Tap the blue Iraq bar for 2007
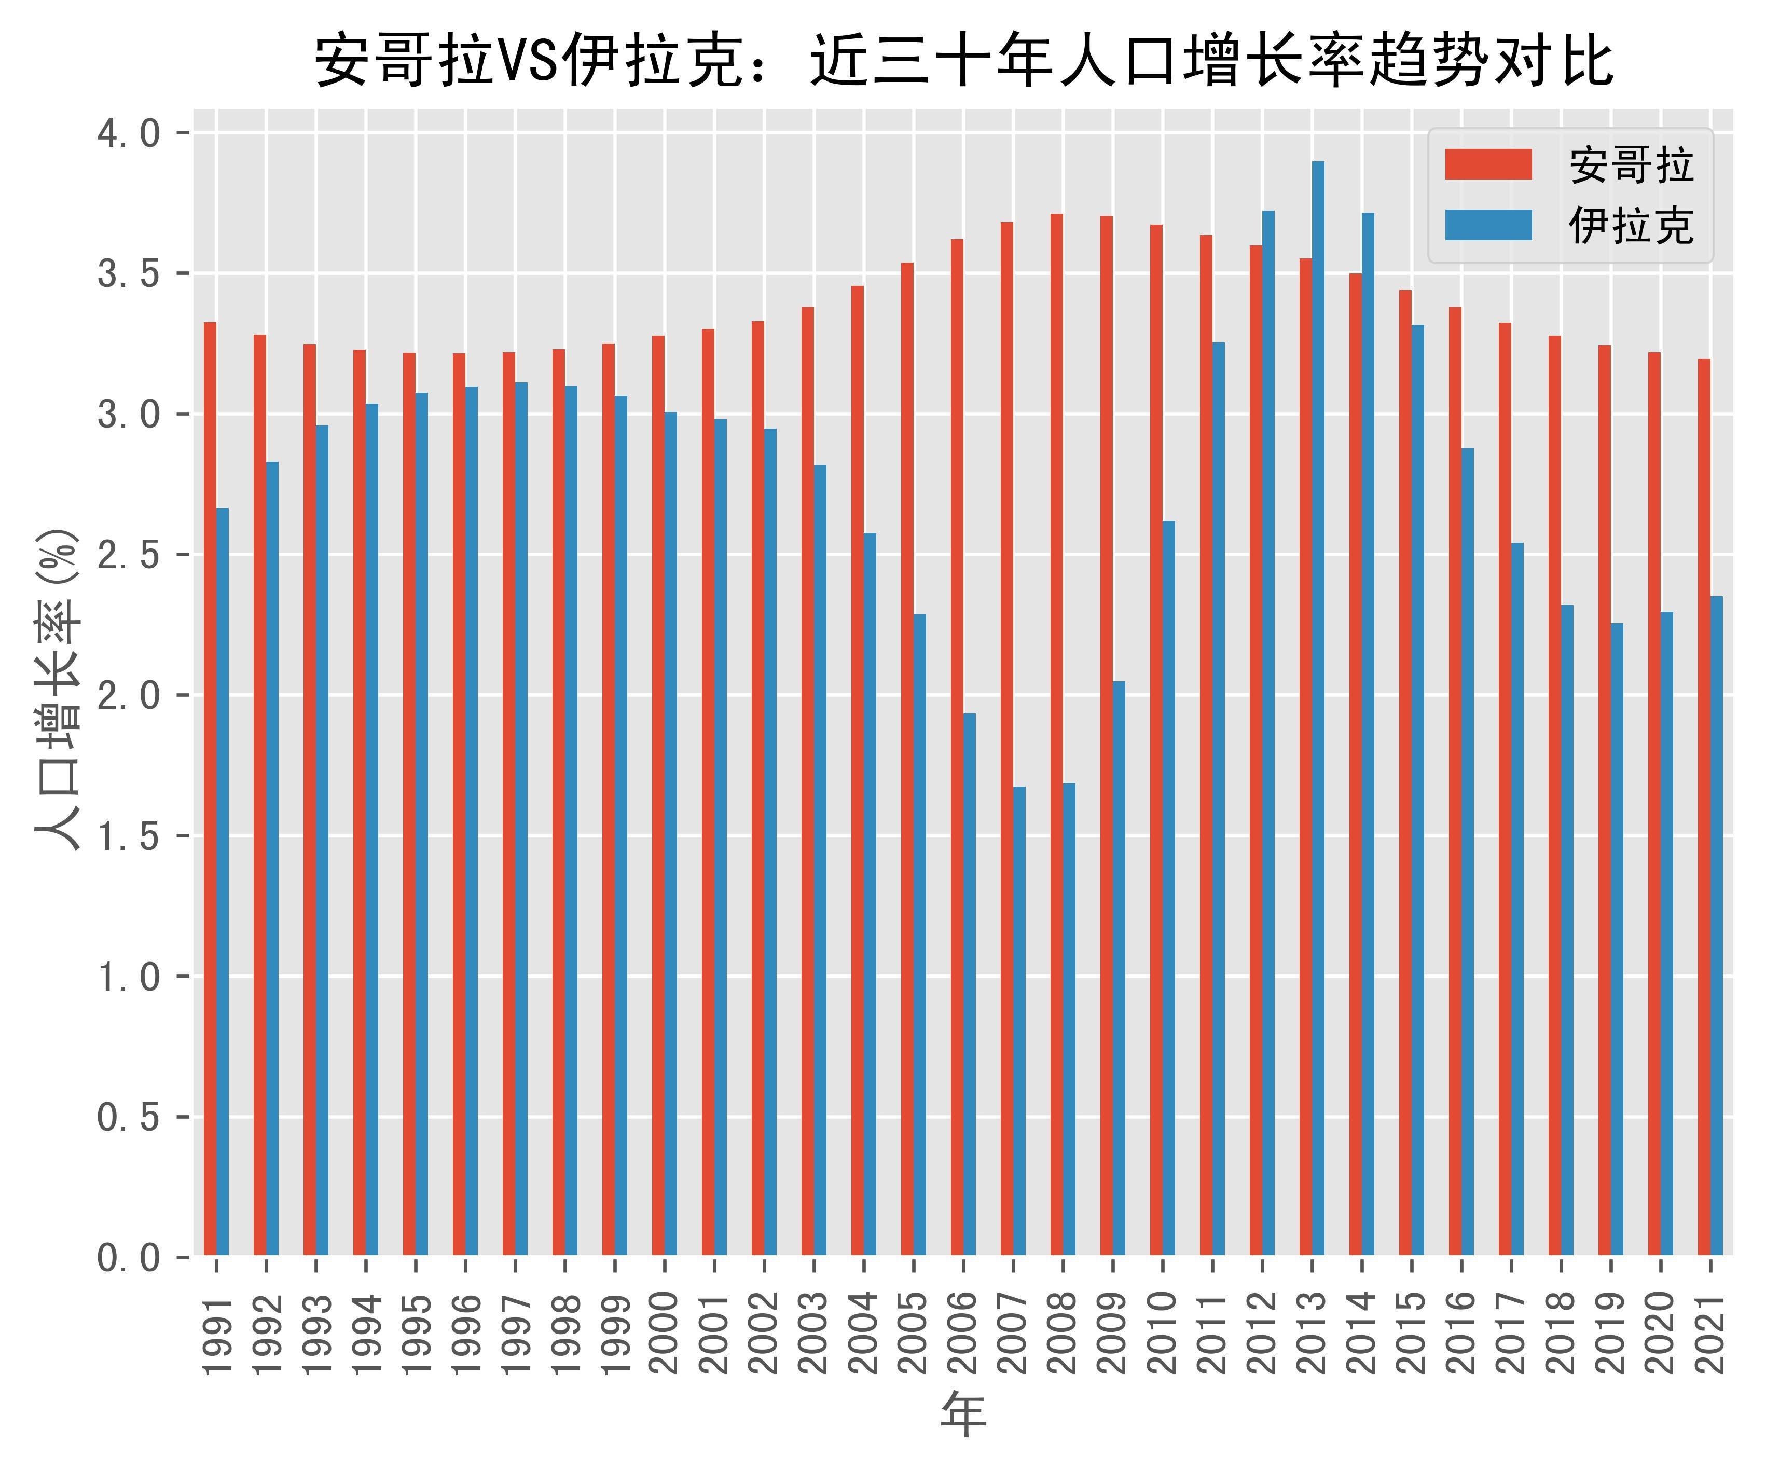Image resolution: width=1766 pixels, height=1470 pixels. [x=1019, y=1021]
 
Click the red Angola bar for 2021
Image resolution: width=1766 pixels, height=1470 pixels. [x=1704, y=807]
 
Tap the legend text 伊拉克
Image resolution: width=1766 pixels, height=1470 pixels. [x=1630, y=225]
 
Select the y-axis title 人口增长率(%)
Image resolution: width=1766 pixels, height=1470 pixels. [x=57, y=690]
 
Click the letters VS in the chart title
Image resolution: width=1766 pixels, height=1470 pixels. [x=530, y=61]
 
